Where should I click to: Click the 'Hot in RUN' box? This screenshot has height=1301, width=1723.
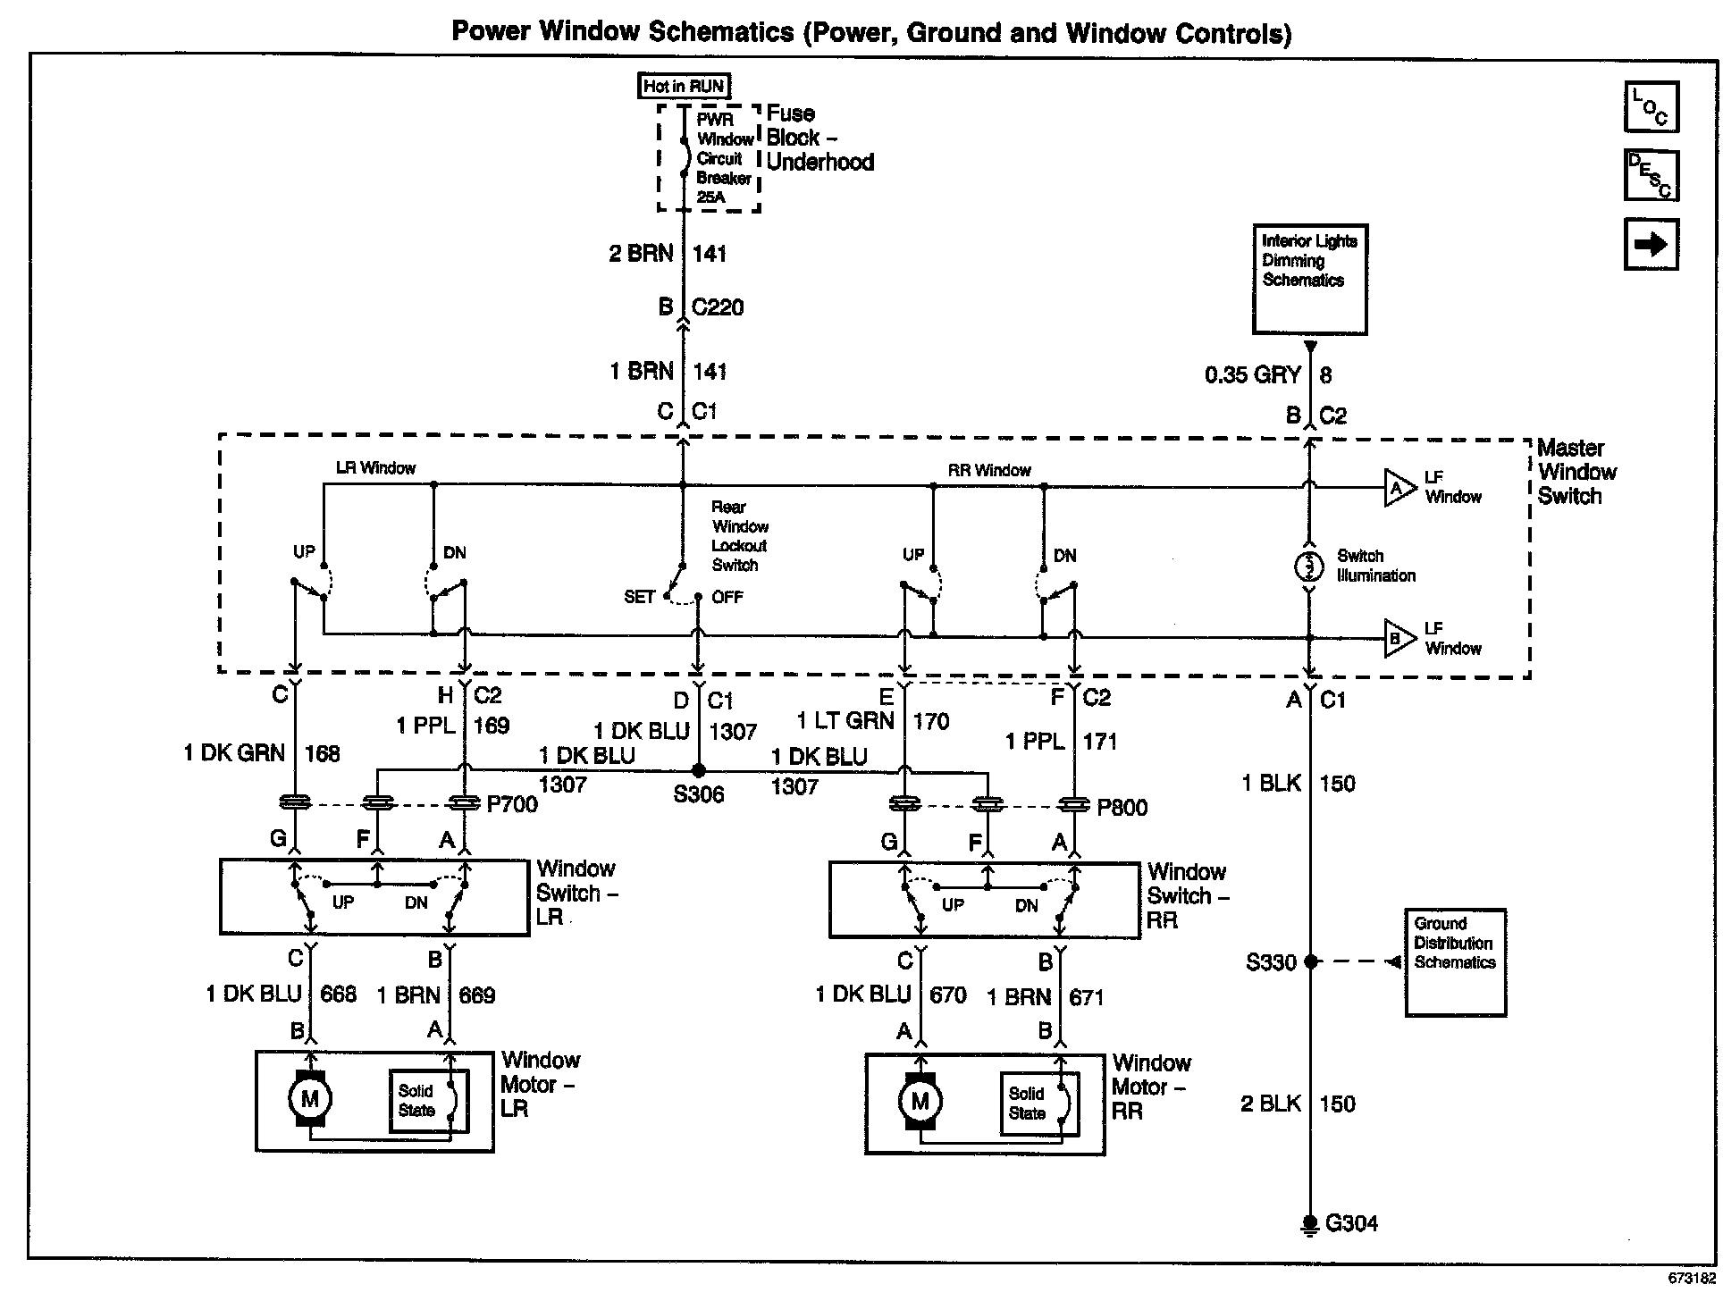pyautogui.click(x=684, y=87)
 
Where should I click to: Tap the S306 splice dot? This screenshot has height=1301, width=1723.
pyautogui.click(x=699, y=770)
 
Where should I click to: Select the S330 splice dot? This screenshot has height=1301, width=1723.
pyautogui.click(x=1310, y=962)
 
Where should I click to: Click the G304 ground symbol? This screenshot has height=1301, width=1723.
pyautogui.click(x=1310, y=1223)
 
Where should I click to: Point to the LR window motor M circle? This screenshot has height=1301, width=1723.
pyautogui.click(x=310, y=1098)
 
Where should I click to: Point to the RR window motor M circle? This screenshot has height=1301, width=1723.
pyautogui.click(x=920, y=1101)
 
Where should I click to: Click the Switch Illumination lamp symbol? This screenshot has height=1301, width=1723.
pyautogui.click(x=1309, y=566)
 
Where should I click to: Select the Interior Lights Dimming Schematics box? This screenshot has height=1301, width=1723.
pyautogui.click(x=1309, y=279)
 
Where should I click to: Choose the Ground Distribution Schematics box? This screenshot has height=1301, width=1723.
pyautogui.click(x=1455, y=962)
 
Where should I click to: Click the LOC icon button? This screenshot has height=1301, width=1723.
pyautogui.click(x=1651, y=106)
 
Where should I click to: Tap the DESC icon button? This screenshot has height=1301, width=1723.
pyautogui.click(x=1651, y=175)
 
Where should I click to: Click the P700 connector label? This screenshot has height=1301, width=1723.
pyautogui.click(x=512, y=804)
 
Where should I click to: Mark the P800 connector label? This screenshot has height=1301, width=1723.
pyautogui.click(x=1122, y=807)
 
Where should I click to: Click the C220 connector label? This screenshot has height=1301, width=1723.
pyautogui.click(x=718, y=307)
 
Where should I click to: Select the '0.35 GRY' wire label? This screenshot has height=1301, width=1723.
pyautogui.click(x=1252, y=375)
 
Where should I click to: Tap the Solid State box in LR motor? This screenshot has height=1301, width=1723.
pyautogui.click(x=417, y=1101)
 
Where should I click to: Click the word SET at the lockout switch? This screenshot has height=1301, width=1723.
pyautogui.click(x=640, y=597)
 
